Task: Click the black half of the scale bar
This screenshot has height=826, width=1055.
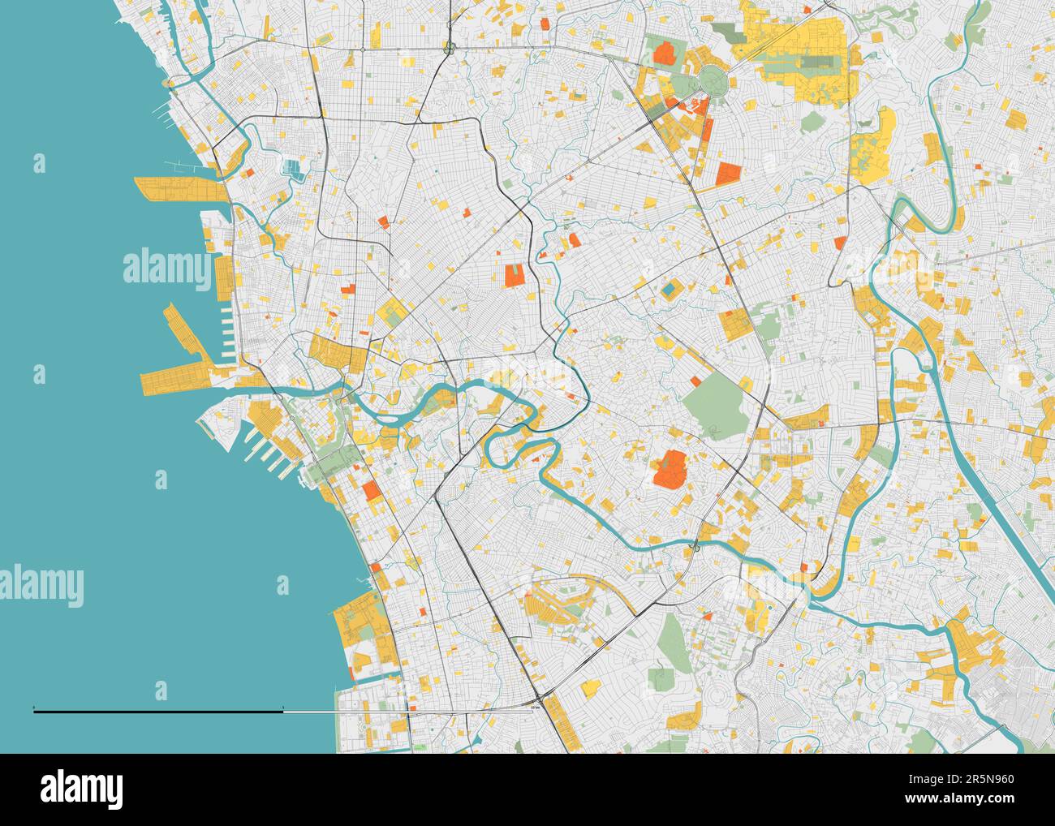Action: (158, 711)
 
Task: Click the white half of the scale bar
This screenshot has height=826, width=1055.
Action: (406, 711)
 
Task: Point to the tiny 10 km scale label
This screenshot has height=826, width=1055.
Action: (534, 708)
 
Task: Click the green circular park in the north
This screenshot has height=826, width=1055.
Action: (713, 79)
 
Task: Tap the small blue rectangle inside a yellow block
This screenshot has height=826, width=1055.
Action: (669, 288)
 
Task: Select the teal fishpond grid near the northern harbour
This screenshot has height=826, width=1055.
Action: (291, 170)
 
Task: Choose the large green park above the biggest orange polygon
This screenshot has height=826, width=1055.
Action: (717, 404)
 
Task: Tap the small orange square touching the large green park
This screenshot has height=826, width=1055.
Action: (695, 380)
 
